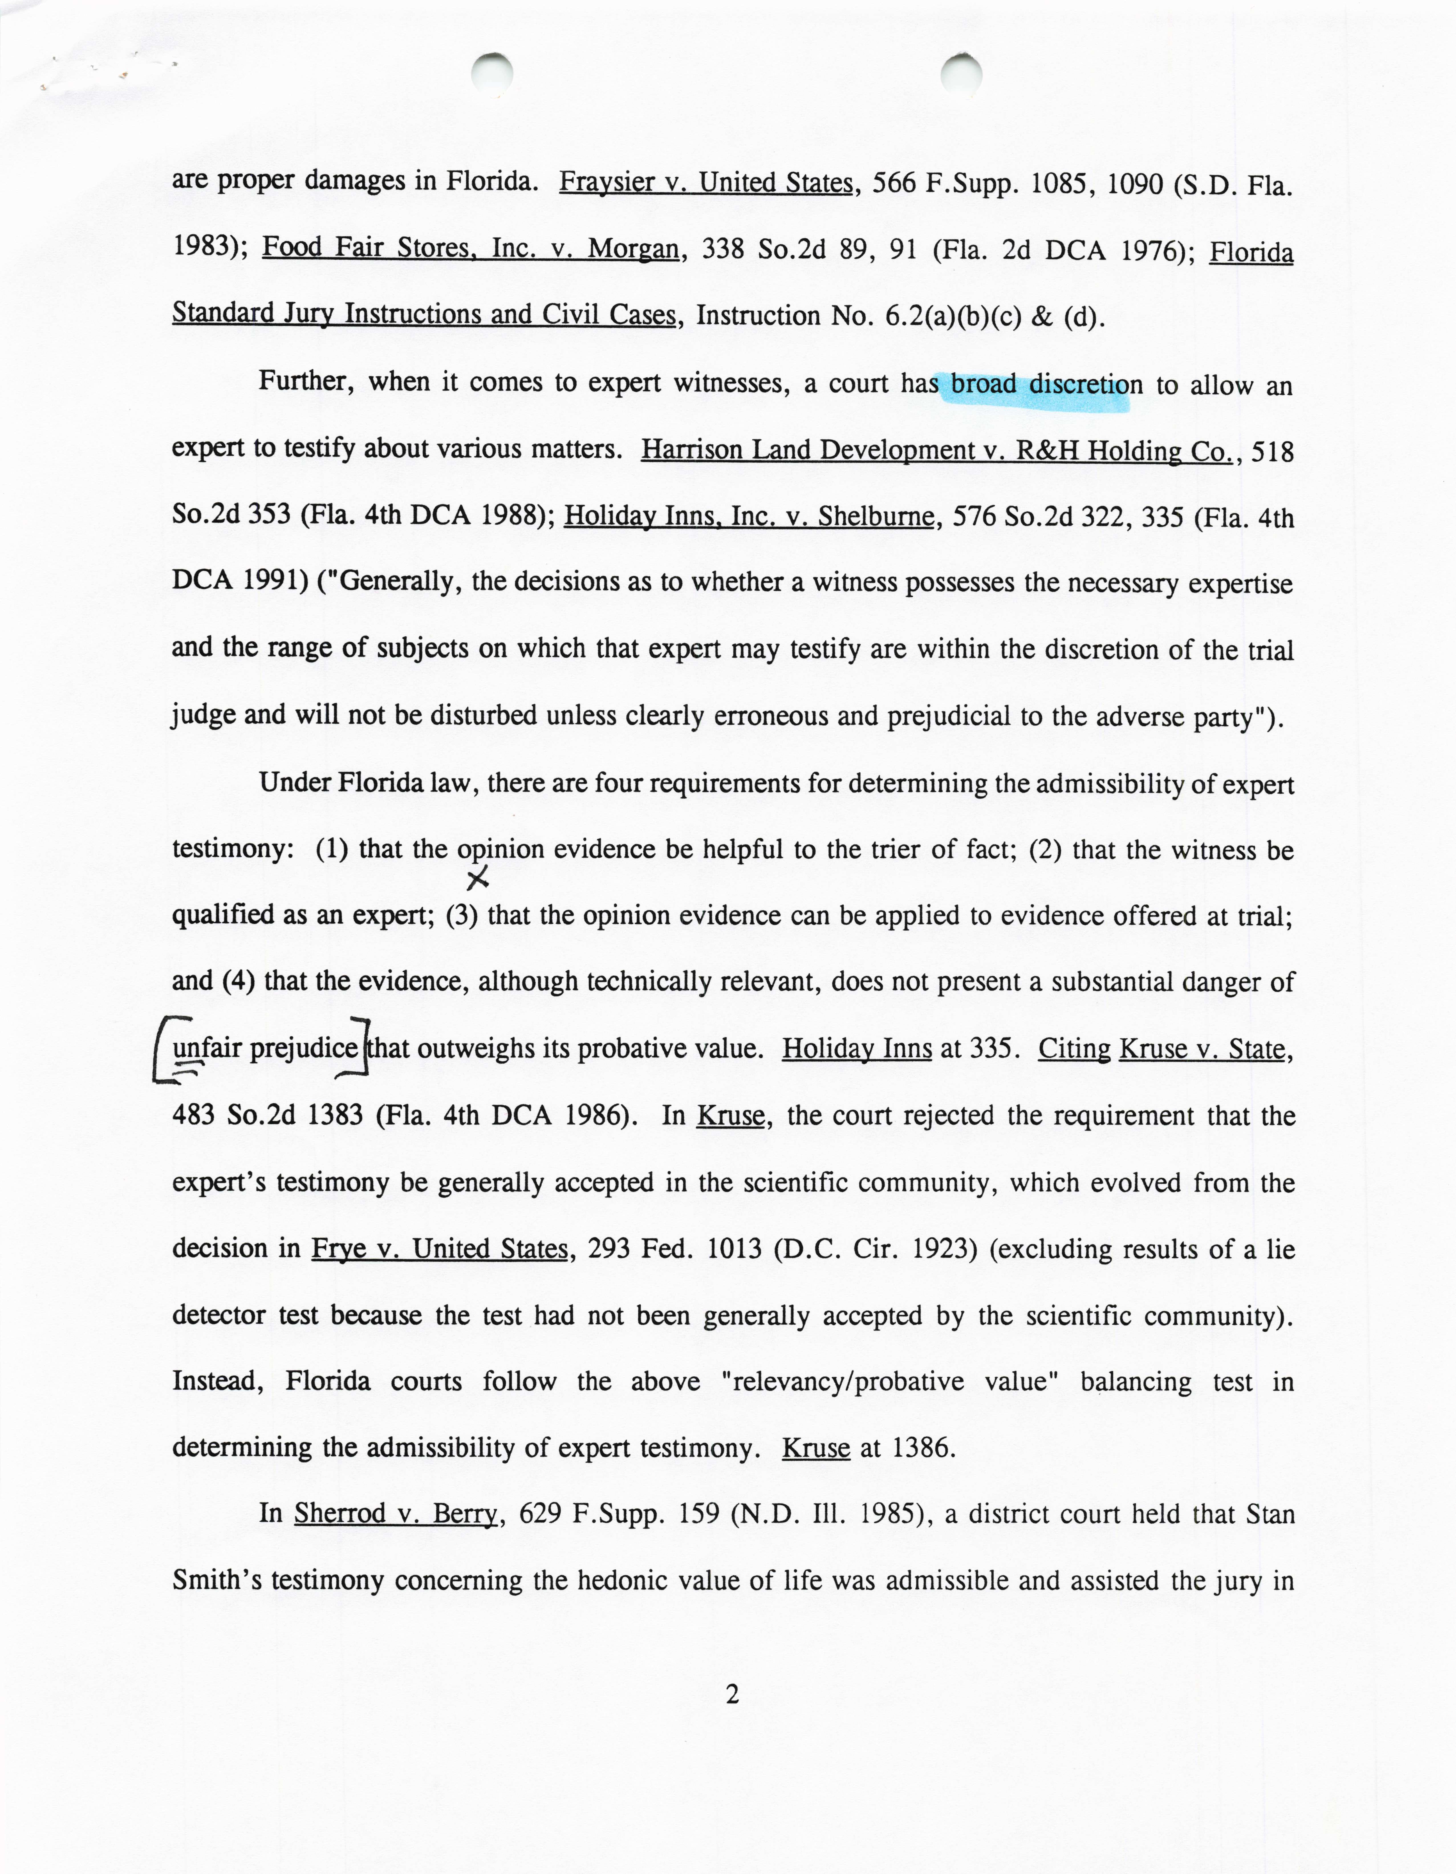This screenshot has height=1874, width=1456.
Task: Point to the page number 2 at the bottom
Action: (732, 1695)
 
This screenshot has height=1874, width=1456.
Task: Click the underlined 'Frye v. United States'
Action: (439, 1248)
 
